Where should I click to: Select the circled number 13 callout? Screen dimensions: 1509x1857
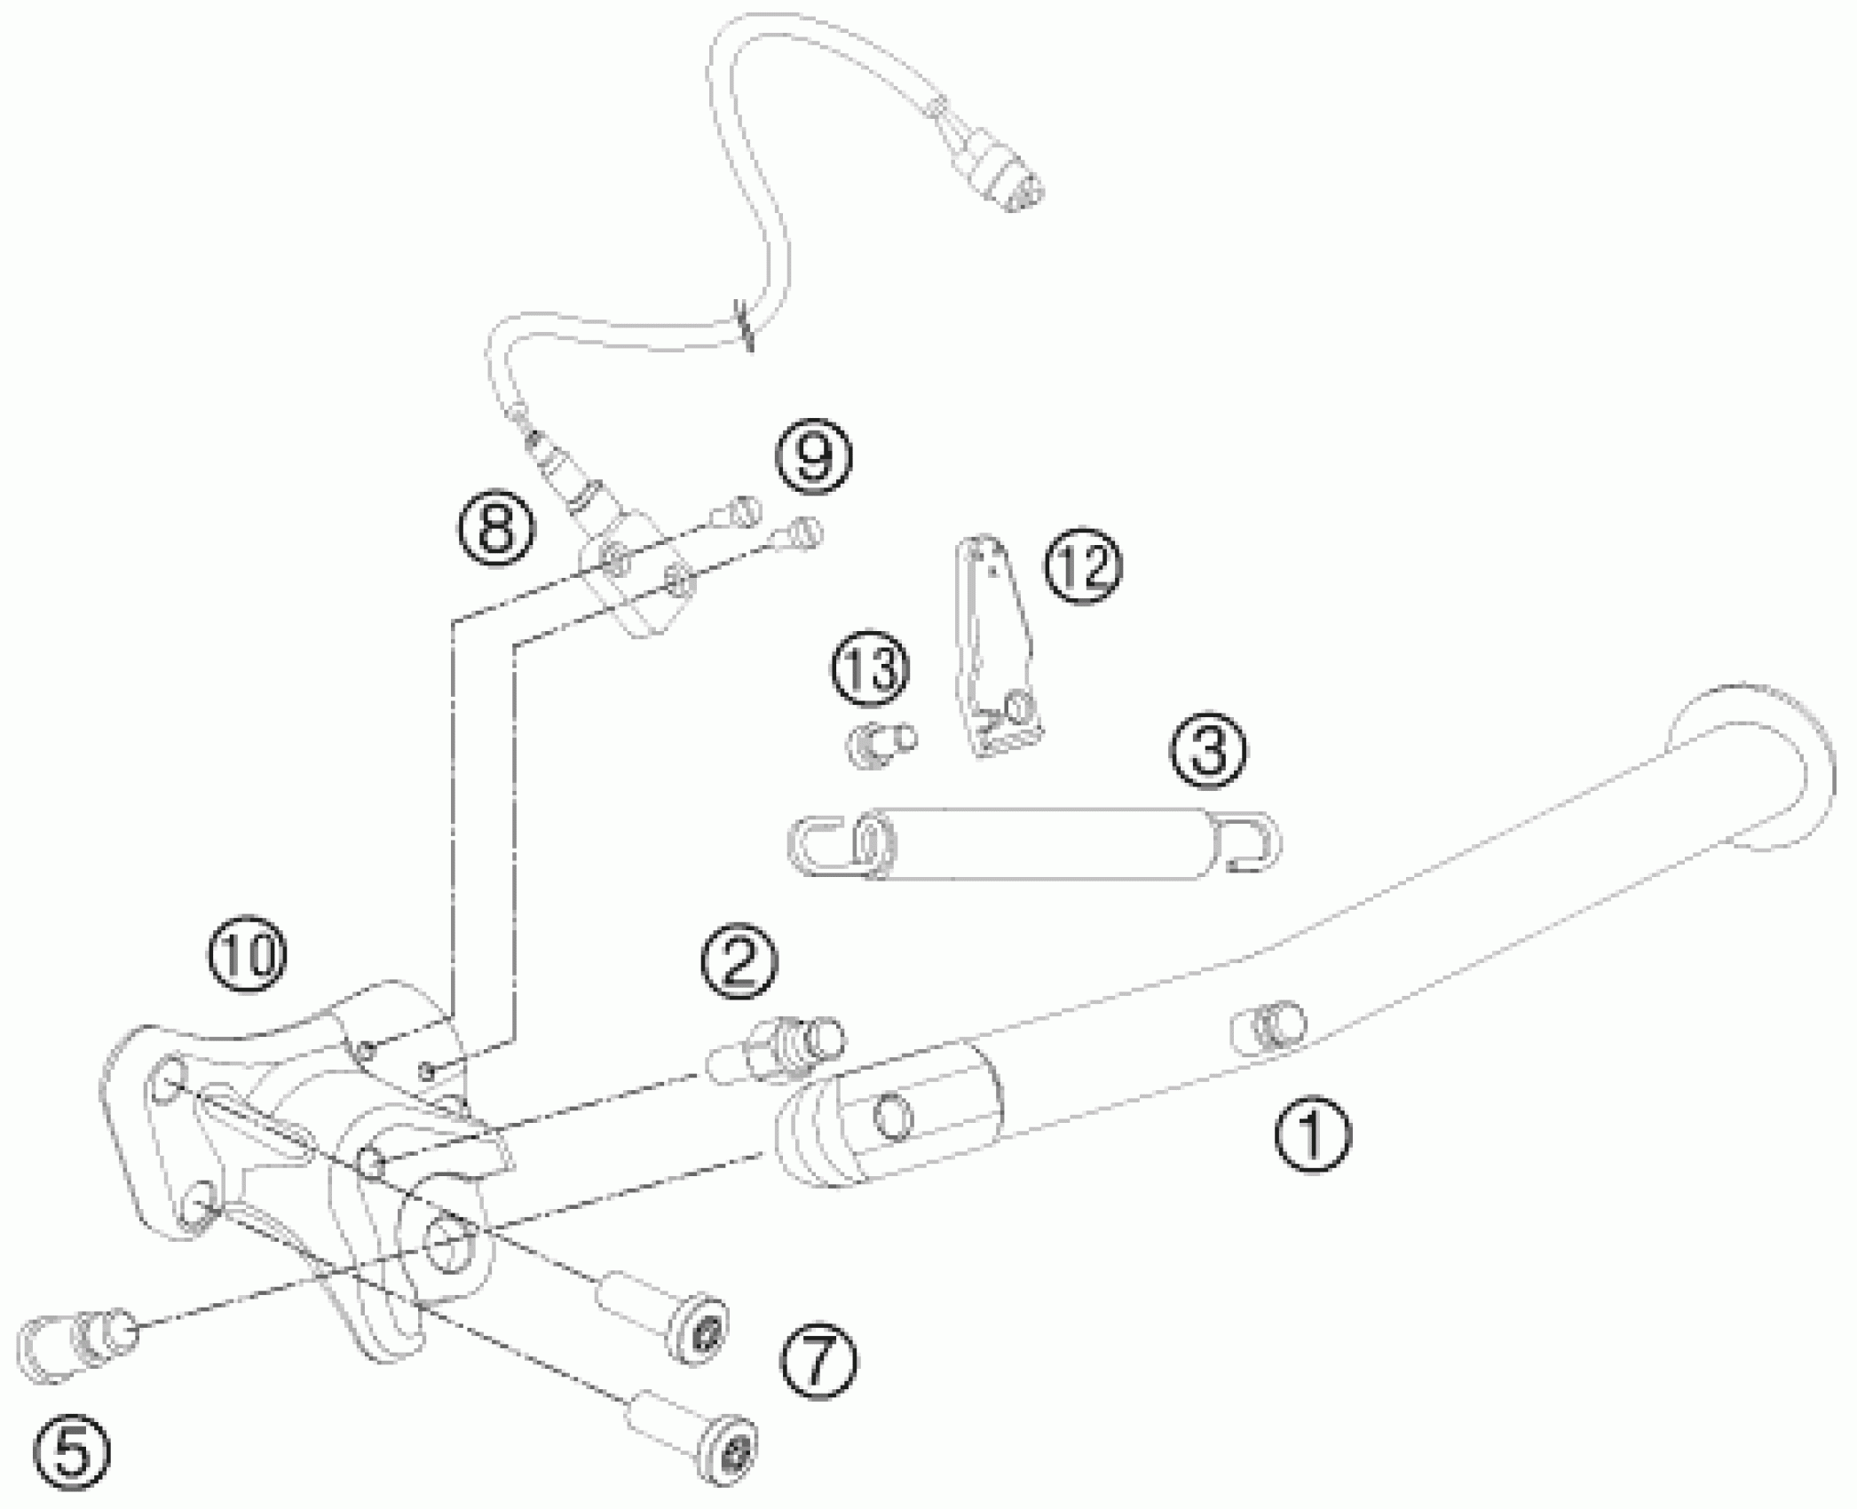pyautogui.click(x=871, y=669)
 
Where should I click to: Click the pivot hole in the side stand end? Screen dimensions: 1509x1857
pyautogui.click(x=892, y=1117)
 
